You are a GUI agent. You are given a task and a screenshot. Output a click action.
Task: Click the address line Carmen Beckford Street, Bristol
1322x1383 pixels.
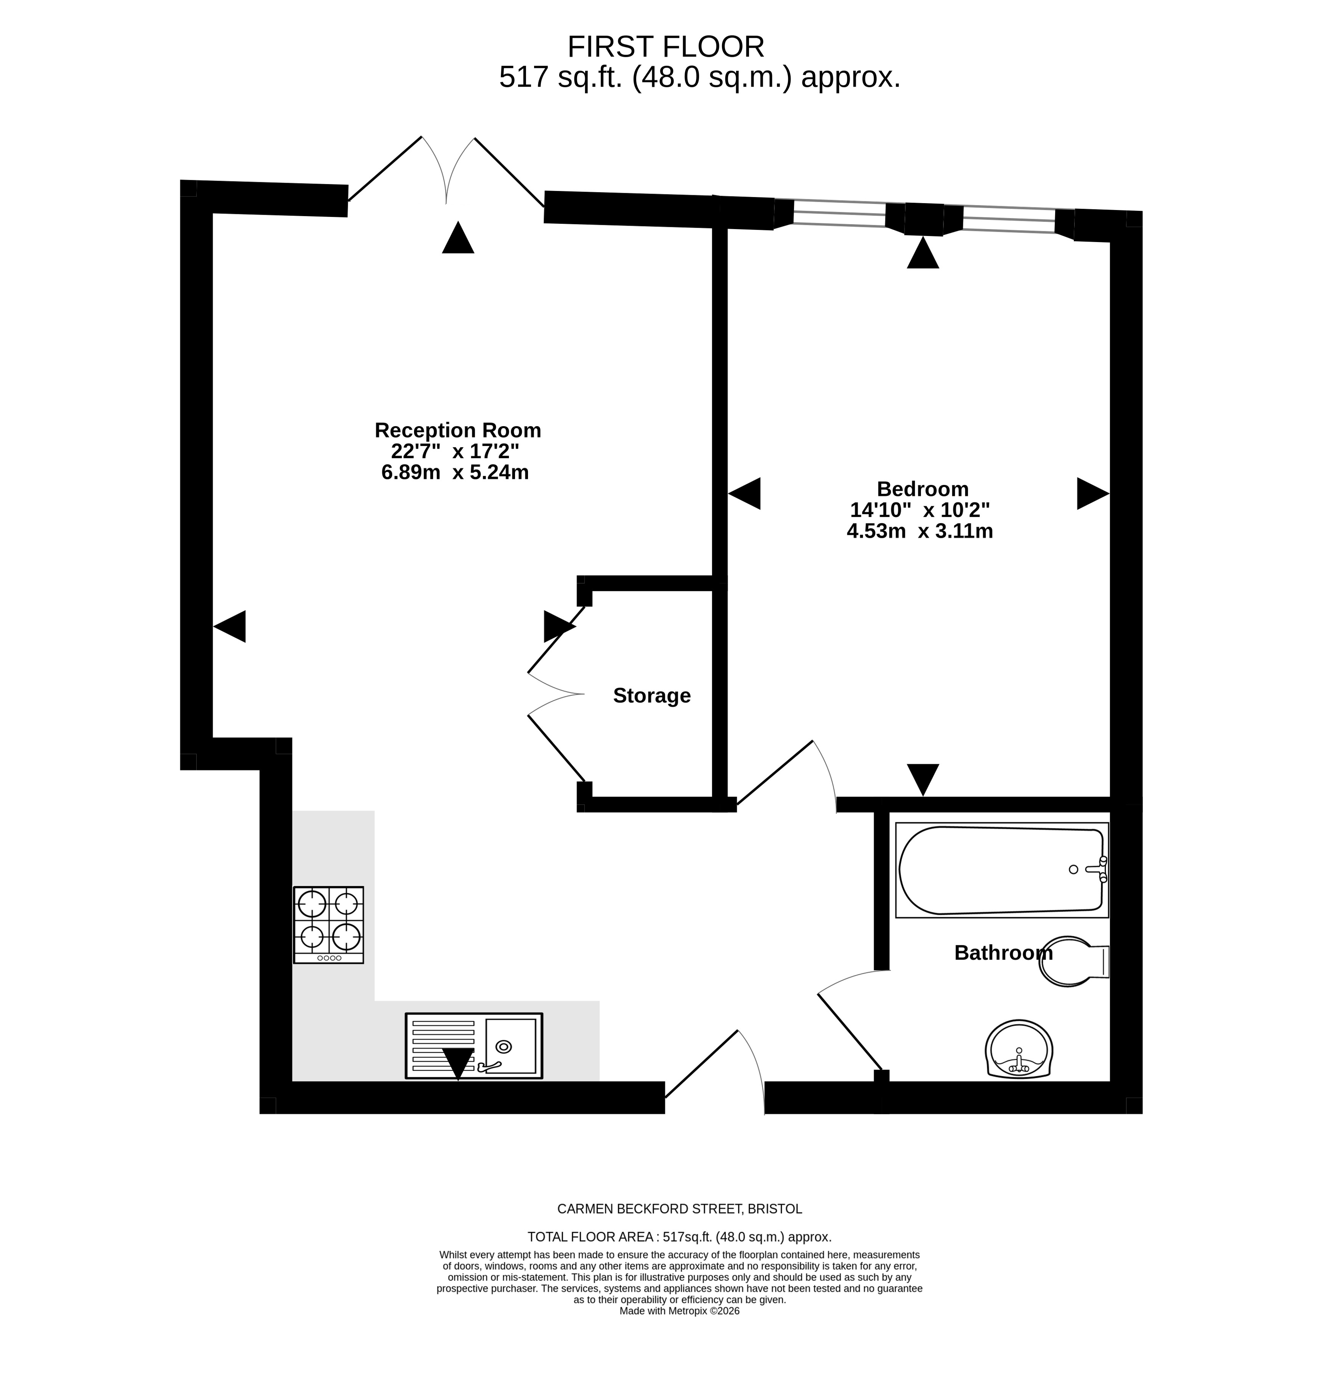point(679,1209)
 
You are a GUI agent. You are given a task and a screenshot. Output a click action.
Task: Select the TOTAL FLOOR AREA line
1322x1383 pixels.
point(679,1237)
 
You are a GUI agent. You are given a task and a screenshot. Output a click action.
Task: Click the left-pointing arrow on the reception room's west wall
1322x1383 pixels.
point(230,626)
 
